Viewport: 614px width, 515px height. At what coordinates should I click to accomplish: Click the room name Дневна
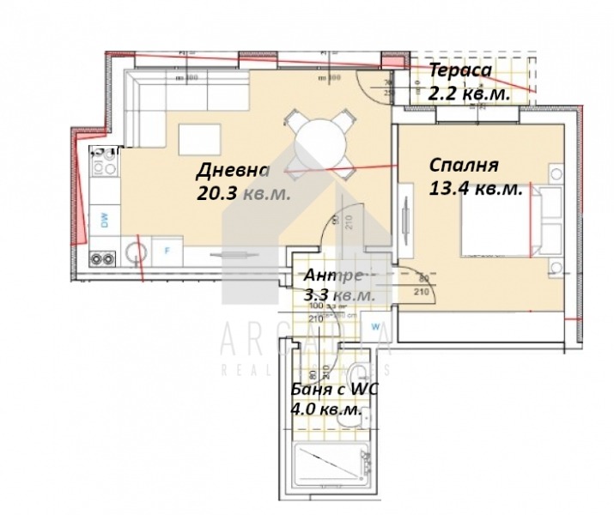[x=232, y=169]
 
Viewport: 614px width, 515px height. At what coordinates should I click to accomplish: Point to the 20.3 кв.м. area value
[x=243, y=194]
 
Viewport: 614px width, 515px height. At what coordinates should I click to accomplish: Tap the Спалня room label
[x=463, y=165]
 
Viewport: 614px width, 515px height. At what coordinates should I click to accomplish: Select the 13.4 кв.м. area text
[x=475, y=190]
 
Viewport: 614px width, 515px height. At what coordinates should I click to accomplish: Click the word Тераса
[x=460, y=71]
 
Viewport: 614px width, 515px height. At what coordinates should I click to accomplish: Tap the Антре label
[x=334, y=276]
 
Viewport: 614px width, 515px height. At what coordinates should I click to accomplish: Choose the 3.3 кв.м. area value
[x=338, y=294]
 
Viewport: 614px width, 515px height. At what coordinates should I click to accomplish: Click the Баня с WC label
[x=336, y=391]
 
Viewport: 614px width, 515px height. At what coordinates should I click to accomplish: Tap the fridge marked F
[x=167, y=251]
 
